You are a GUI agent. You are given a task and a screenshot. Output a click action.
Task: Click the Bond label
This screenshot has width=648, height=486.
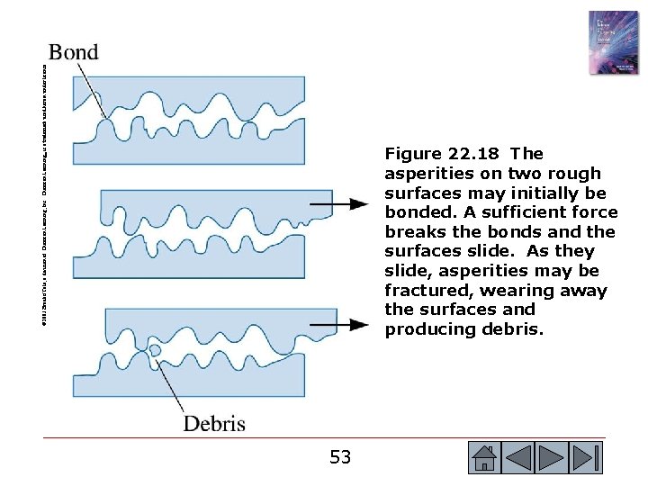[74, 52]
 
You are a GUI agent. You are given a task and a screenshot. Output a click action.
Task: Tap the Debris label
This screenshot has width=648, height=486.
[214, 422]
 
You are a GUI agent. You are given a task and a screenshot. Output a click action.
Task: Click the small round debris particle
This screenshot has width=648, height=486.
[155, 349]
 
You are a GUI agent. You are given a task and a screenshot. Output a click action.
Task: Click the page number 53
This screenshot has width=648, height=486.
[340, 457]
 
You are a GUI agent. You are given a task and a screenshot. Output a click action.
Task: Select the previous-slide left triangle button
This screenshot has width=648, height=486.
[519, 458]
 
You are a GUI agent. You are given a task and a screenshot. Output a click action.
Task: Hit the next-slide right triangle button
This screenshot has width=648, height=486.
[552, 458]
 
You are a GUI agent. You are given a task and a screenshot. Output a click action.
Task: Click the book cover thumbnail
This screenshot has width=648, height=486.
[613, 42]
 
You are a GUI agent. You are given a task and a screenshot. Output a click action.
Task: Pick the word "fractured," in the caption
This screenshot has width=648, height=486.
[427, 291]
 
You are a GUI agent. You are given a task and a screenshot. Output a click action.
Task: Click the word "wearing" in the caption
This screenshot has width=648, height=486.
[515, 291]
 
